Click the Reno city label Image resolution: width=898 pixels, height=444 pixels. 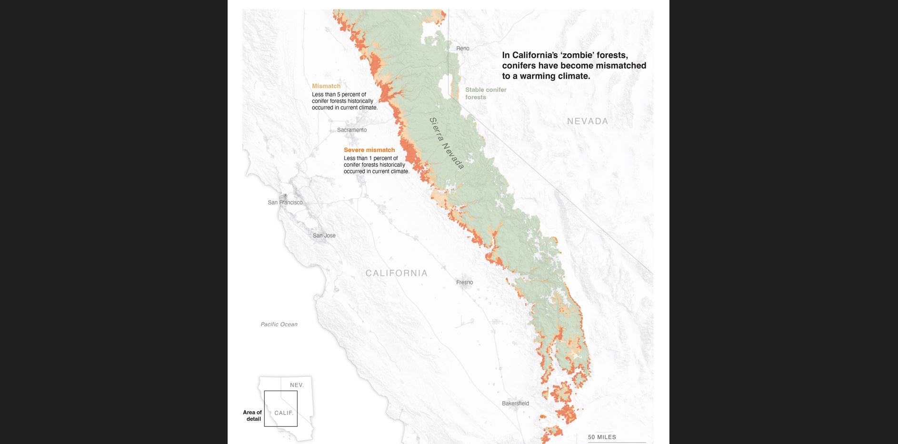[x=462, y=49]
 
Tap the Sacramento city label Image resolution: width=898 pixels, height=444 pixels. [x=352, y=130]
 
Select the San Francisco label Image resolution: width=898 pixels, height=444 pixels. [x=285, y=202]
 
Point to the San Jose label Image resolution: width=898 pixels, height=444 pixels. [x=324, y=236]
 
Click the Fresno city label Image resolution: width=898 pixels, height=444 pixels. [x=464, y=283]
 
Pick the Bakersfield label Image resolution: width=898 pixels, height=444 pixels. [x=515, y=404]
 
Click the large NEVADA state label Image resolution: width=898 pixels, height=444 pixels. [x=587, y=121]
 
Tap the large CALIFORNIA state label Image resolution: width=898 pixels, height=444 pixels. [x=396, y=273]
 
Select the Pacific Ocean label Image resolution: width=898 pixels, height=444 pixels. [x=279, y=324]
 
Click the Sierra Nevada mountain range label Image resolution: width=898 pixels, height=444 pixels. [x=446, y=143]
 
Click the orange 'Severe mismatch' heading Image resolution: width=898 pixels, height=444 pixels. [x=369, y=150]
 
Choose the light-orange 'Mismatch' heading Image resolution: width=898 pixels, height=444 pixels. [x=326, y=86]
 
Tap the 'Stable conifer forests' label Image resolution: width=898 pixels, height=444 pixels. [x=485, y=93]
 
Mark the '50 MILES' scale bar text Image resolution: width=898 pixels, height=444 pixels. [x=602, y=437]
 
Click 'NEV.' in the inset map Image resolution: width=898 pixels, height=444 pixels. [x=296, y=385]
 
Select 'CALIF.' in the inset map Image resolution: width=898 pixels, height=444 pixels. [x=284, y=413]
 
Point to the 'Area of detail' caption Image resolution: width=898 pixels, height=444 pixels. [x=252, y=415]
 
